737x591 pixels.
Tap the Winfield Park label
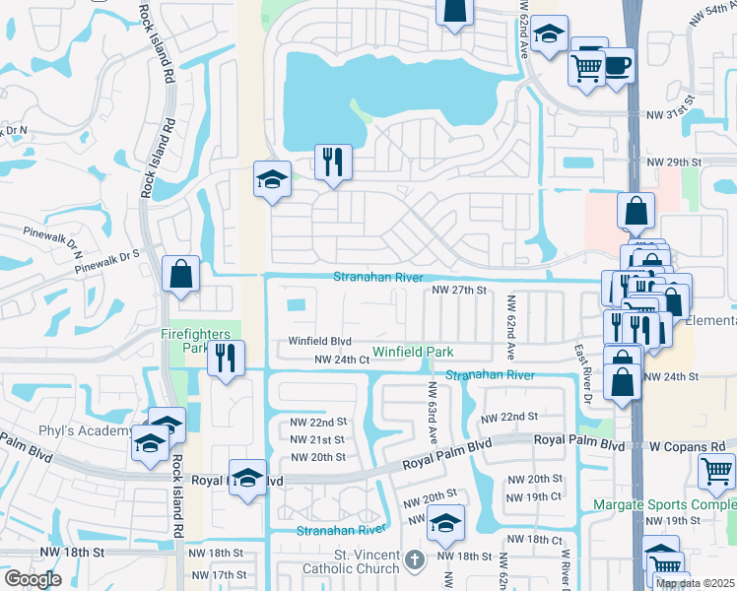[x=413, y=352]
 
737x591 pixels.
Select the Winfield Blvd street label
[x=320, y=342]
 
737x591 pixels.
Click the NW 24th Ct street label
[x=342, y=361]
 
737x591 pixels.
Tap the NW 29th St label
[x=673, y=161]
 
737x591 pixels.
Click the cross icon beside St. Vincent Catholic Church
[x=416, y=562]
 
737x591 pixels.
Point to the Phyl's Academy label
[x=70, y=431]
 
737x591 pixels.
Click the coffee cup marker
[x=617, y=66]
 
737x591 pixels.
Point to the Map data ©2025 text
[x=694, y=583]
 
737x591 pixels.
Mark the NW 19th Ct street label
[x=535, y=496]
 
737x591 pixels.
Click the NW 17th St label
[x=219, y=574]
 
